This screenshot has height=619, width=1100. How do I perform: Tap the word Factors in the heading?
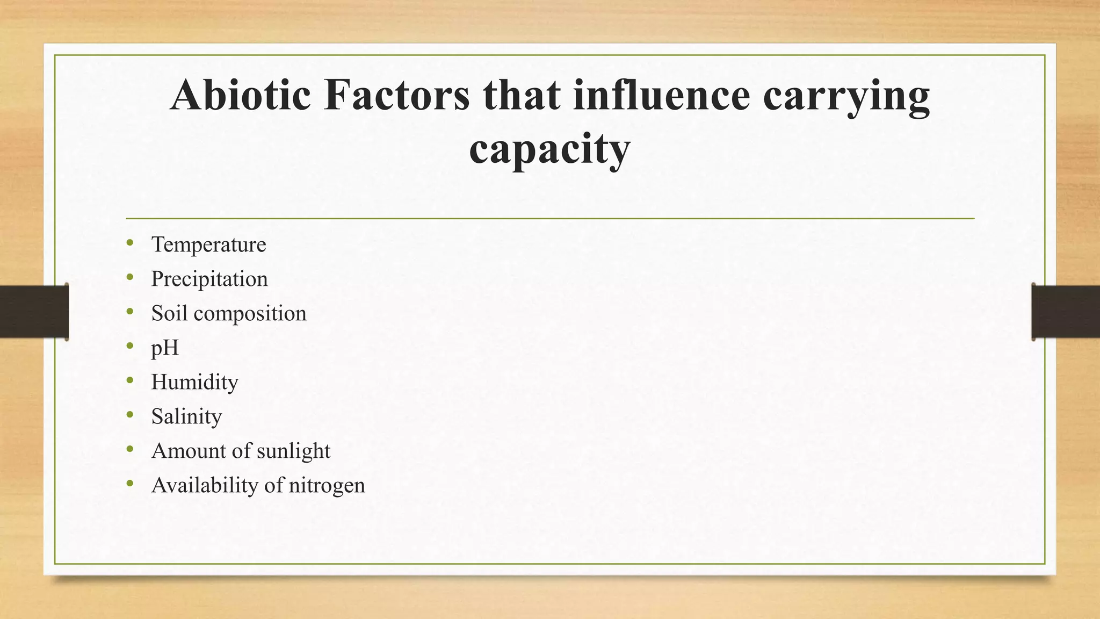pyautogui.click(x=396, y=95)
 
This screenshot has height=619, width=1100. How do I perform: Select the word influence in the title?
pyautogui.click(x=661, y=95)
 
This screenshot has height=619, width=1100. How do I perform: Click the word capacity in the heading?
pyautogui.click(x=549, y=149)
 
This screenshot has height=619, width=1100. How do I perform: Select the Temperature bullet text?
pyautogui.click(x=208, y=244)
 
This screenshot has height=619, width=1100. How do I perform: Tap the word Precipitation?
pyautogui.click(x=209, y=279)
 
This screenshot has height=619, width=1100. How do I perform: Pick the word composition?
pyautogui.click(x=250, y=314)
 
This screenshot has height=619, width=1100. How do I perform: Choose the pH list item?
pyautogui.click(x=165, y=348)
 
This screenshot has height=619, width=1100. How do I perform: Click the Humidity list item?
pyautogui.click(x=194, y=383)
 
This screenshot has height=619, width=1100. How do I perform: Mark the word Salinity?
pyautogui.click(x=186, y=417)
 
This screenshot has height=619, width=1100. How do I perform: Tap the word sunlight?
pyautogui.click(x=293, y=451)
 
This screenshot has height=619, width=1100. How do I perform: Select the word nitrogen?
pyautogui.click(x=327, y=486)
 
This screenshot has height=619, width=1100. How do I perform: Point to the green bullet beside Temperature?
pyautogui.click(x=130, y=243)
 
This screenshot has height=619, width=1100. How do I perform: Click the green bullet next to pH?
pyautogui.click(x=130, y=347)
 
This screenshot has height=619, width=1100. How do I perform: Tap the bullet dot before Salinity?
pyautogui.click(x=130, y=415)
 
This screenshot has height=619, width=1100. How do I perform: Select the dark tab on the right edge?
pyautogui.click(x=1066, y=312)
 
